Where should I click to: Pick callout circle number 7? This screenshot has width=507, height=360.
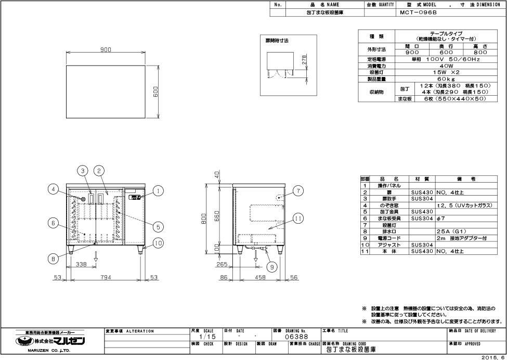(298, 191)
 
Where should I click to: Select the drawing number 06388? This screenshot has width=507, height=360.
(295, 337)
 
